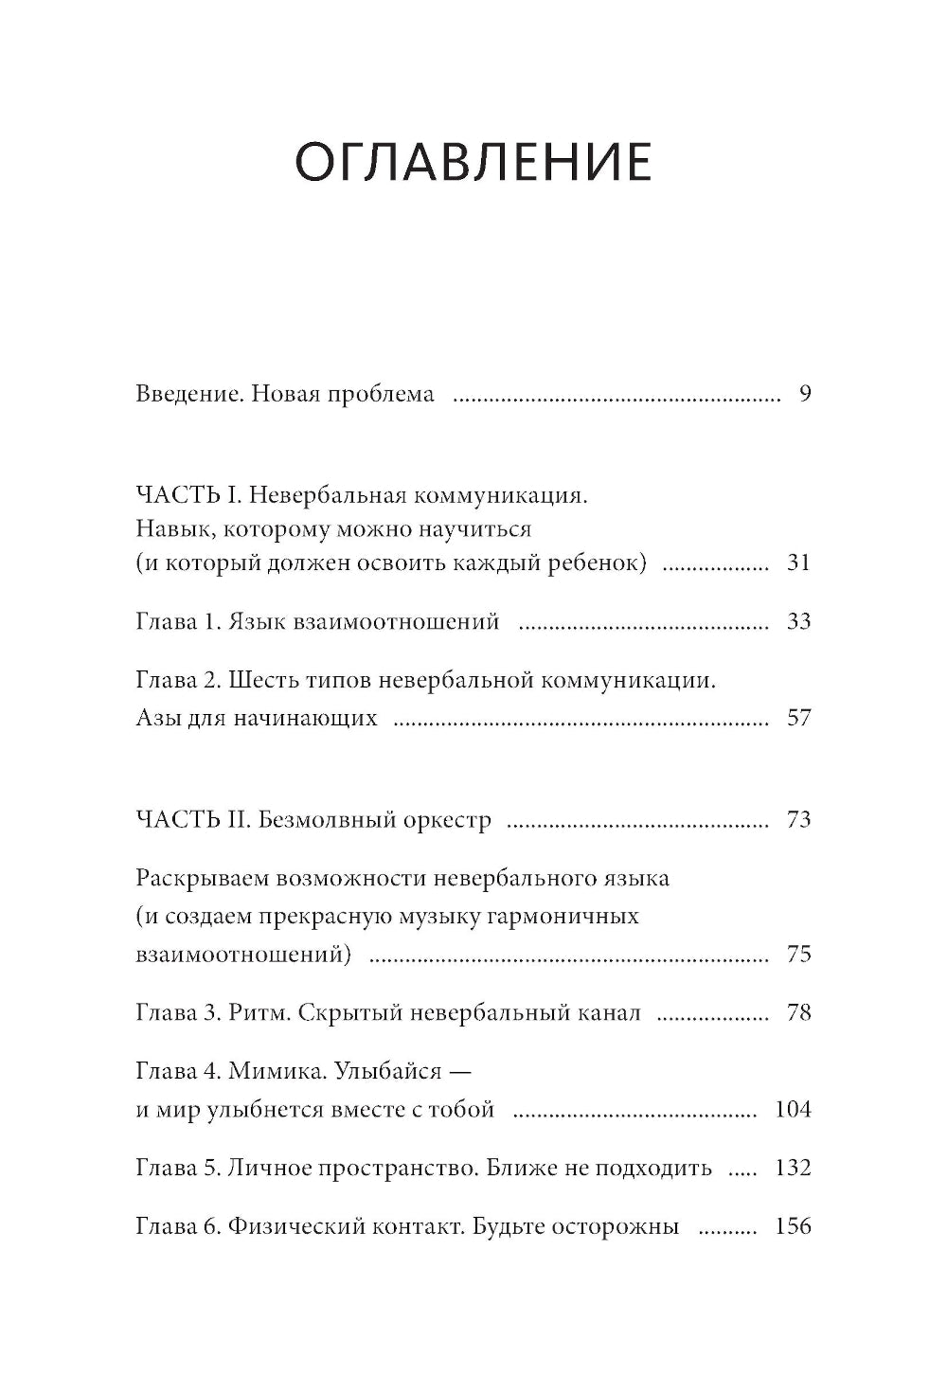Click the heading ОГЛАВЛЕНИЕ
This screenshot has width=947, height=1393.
pos(473,163)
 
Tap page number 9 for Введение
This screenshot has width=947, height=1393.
pos(804,394)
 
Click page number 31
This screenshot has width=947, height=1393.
pos(798,563)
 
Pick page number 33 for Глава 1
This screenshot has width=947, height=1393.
pos(798,621)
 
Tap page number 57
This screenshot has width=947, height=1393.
pos(798,718)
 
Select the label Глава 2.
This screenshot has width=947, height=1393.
pos(178,680)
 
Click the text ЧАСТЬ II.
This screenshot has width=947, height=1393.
pos(192,819)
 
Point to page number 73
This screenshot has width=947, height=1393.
pos(798,819)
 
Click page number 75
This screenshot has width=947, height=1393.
pos(798,955)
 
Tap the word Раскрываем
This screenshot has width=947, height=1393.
pos(201,878)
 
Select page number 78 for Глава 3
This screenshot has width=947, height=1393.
pos(798,1013)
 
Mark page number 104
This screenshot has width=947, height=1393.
pos(793,1110)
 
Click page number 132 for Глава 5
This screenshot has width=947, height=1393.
pos(793,1168)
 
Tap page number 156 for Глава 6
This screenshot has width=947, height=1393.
pos(793,1227)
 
